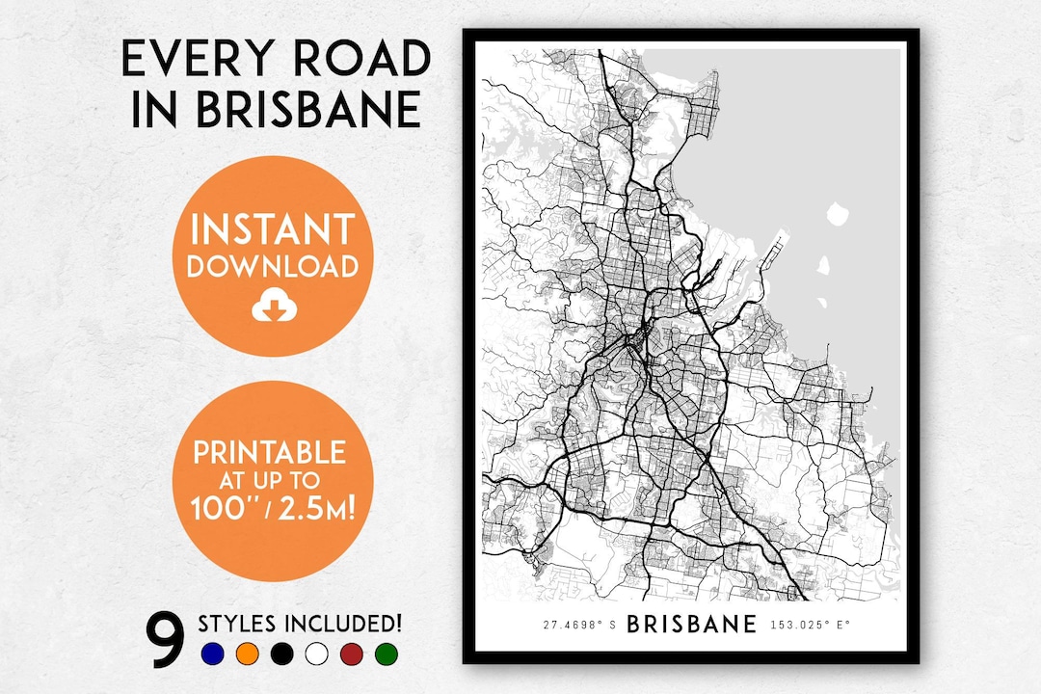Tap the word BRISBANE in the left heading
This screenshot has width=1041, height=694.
point(308,110)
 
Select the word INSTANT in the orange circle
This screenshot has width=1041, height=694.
point(273,230)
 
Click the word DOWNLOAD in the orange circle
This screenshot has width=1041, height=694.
point(273,267)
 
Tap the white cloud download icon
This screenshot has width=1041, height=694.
point(272,307)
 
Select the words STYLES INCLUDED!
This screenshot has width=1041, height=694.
point(300,623)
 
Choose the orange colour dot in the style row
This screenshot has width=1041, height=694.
point(247,654)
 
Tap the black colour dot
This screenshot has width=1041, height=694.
point(281,654)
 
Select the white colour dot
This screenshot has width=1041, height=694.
point(316,654)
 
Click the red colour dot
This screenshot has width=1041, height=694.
point(351,654)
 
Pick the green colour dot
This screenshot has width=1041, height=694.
point(386,654)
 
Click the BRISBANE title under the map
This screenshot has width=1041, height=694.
point(691,624)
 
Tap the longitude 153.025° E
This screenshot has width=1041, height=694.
point(811,625)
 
